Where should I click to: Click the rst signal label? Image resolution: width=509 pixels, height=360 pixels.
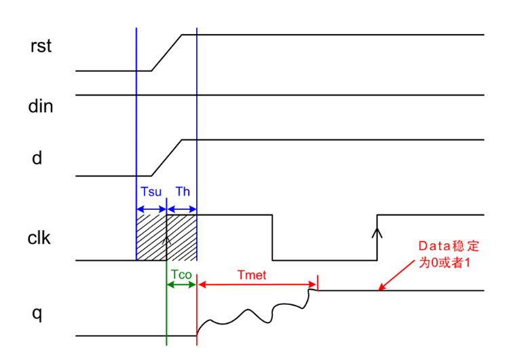41,47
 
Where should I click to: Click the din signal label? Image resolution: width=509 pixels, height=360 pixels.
41,106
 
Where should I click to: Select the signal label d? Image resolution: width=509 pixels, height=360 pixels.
37,158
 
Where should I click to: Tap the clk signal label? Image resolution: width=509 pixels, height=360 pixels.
40,238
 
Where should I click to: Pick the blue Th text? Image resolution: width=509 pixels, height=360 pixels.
183,192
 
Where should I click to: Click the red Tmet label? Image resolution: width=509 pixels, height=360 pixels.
252,274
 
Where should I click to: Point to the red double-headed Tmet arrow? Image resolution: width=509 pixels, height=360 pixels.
257,285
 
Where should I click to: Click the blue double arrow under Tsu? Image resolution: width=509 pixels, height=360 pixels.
151,209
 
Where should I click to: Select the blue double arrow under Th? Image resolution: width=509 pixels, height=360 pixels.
181,209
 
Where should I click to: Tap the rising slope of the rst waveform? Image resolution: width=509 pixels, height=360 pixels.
166,52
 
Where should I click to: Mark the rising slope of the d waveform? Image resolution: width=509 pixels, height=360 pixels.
166,158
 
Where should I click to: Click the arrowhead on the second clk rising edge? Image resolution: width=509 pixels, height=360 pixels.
377,233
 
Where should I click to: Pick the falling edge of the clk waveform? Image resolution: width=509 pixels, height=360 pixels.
273,238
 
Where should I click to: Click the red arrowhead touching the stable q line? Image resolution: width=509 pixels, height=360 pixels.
382,287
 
